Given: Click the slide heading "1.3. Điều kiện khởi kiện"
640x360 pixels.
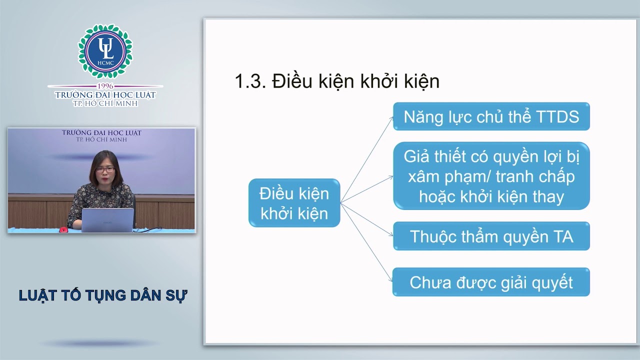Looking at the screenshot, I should (x=337, y=81).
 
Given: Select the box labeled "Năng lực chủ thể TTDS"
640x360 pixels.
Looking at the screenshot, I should (x=491, y=116).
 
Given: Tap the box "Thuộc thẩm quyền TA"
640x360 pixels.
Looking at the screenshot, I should (x=491, y=236).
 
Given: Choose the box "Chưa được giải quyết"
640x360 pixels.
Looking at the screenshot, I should (x=491, y=282).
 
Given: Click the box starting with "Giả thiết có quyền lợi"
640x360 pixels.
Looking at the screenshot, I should (x=491, y=176).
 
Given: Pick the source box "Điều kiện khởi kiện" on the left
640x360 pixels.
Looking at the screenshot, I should (x=294, y=203).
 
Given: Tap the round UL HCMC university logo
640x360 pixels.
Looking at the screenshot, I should (x=105, y=51).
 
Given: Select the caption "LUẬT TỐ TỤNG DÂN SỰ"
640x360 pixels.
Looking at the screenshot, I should (x=102, y=295).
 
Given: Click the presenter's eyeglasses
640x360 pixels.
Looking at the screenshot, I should (x=105, y=170).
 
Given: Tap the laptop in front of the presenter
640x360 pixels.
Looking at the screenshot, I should (x=107, y=220).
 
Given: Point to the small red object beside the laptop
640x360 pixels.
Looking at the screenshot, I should (x=63, y=230).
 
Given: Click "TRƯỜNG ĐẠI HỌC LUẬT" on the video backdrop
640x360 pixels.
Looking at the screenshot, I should (x=101, y=133).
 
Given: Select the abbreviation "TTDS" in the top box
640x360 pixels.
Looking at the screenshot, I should (x=557, y=116).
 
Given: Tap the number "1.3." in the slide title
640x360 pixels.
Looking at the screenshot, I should (x=250, y=81).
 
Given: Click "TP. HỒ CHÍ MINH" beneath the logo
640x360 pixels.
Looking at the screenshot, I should (x=105, y=103).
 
